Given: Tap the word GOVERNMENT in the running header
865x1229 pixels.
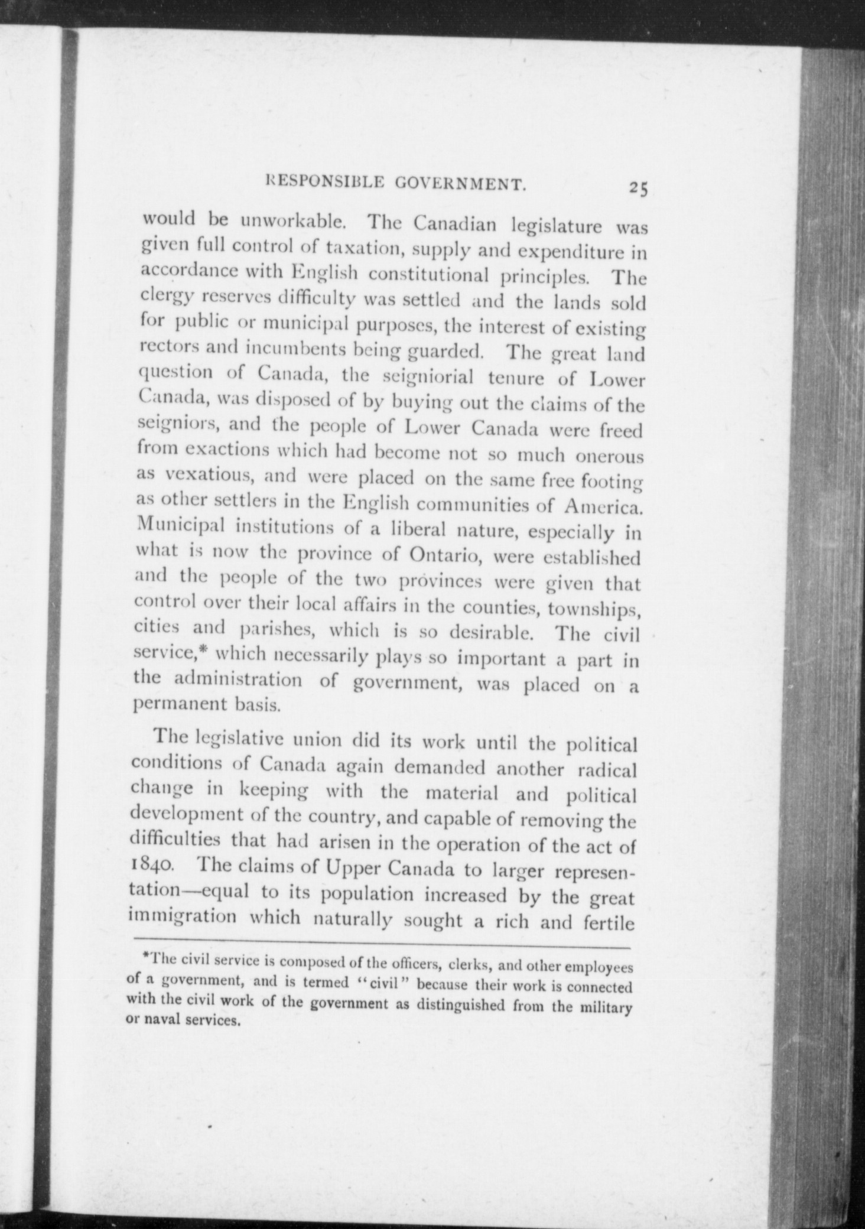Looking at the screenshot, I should click(460, 185).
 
